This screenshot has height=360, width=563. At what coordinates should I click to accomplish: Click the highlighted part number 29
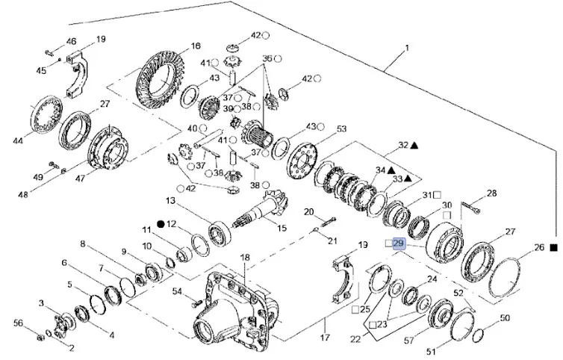click(397, 244)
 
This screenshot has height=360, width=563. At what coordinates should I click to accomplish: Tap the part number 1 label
click(407, 49)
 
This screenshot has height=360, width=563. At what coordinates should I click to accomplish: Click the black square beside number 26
click(554, 247)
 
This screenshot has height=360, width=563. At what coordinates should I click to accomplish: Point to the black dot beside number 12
click(160, 223)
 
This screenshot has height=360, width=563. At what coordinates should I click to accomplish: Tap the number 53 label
click(342, 129)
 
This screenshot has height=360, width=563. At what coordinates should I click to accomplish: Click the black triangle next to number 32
click(414, 144)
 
